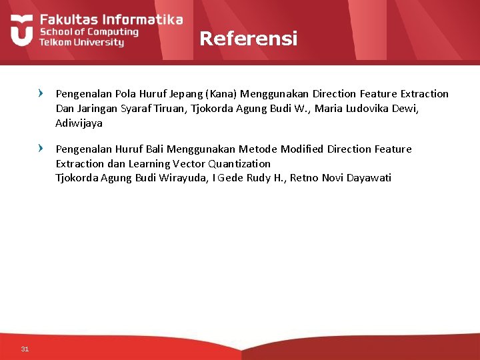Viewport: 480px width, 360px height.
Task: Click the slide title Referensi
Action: [x=248, y=39]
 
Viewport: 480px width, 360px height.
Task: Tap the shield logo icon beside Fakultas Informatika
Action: [x=21, y=31]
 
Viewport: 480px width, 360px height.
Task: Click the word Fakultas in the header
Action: [x=65, y=19]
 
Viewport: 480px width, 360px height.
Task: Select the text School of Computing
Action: [x=89, y=31]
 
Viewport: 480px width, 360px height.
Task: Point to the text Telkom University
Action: [x=81, y=42]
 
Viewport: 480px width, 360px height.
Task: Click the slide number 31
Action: [x=25, y=349]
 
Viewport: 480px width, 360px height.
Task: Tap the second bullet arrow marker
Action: [x=42, y=149]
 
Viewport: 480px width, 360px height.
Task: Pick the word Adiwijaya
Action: [x=79, y=123]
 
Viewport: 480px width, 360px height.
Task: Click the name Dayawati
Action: [x=369, y=178]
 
